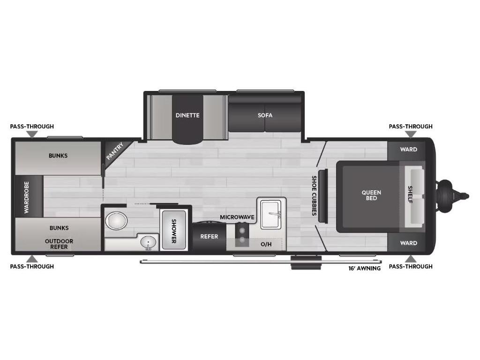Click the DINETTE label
click(x=187, y=115)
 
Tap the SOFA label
click(x=265, y=115)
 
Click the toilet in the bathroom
click(x=116, y=221)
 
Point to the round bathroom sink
click(x=148, y=242)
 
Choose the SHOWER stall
click(x=173, y=230)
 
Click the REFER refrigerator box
click(x=210, y=237)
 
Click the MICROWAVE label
click(x=237, y=217)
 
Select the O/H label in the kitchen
click(x=266, y=244)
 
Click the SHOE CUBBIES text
click(x=314, y=195)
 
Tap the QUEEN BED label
click(x=371, y=195)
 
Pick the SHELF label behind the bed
click(x=410, y=195)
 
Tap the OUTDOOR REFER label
click(x=59, y=244)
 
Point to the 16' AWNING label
click(x=365, y=269)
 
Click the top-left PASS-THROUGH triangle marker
click(x=32, y=134)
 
